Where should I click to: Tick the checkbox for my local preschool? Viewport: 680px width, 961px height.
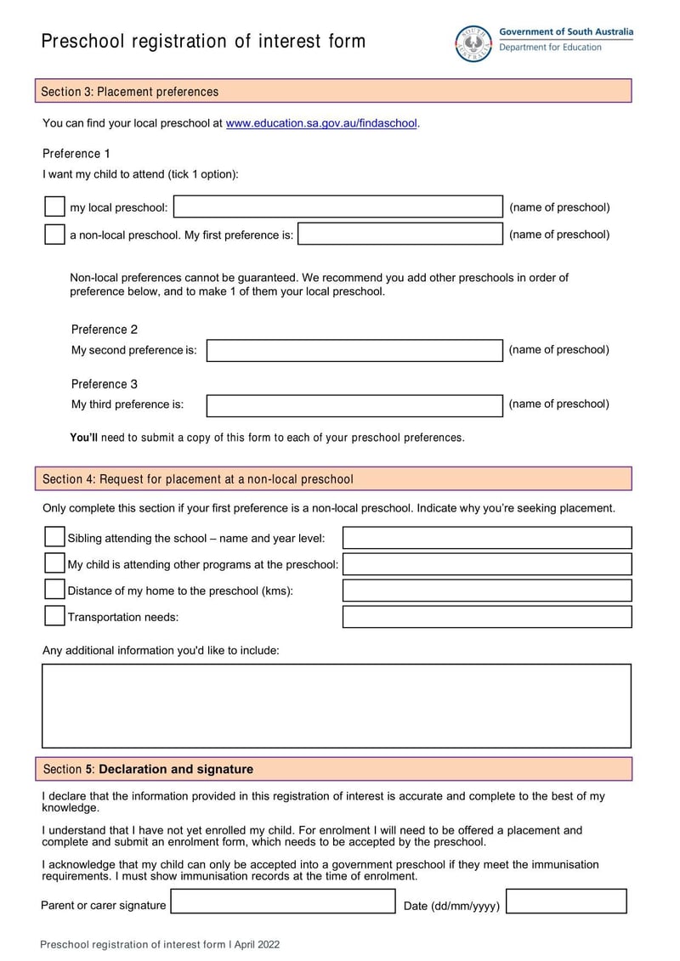pyautogui.click(x=54, y=206)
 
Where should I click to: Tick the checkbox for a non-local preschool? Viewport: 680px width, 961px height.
pyautogui.click(x=54, y=235)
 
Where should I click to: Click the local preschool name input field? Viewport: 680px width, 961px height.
pyautogui.click(x=338, y=207)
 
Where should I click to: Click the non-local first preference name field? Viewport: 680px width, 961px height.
pyautogui.click(x=400, y=235)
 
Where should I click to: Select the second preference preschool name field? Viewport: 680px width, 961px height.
pyautogui.click(x=354, y=350)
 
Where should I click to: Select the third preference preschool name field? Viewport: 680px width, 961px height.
pyautogui.click(x=354, y=404)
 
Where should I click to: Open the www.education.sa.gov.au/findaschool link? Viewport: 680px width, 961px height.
pyautogui.click(x=321, y=123)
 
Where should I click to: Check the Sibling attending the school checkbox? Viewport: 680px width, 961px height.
pyautogui.click(x=54, y=537)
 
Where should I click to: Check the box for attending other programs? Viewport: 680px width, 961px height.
pyautogui.click(x=54, y=563)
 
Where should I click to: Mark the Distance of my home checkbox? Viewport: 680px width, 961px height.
pyautogui.click(x=54, y=590)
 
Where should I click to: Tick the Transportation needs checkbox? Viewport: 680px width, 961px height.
pyautogui.click(x=54, y=616)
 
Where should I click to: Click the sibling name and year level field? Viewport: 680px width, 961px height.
pyautogui.click(x=487, y=538)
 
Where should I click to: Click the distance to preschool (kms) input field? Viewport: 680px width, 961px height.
pyautogui.click(x=487, y=591)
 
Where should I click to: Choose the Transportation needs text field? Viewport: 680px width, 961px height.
pyautogui.click(x=487, y=617)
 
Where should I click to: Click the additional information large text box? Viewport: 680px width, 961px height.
pyautogui.click(x=337, y=705)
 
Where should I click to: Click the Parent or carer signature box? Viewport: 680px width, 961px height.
pyautogui.click(x=283, y=902)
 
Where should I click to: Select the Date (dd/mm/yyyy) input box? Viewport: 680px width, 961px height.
pyautogui.click(x=566, y=902)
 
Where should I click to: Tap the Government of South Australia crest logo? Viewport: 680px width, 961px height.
pyautogui.click(x=473, y=42)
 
